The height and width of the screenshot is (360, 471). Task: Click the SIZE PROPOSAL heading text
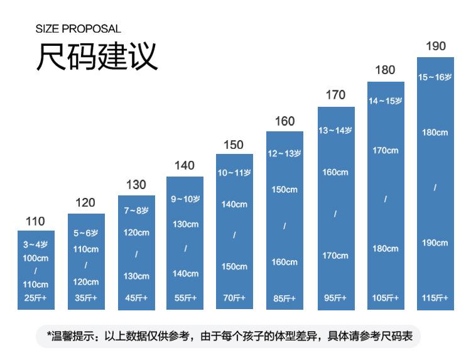(78, 29)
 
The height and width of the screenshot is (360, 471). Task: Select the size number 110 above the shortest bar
(36, 221)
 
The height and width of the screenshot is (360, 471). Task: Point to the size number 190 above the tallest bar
(435, 46)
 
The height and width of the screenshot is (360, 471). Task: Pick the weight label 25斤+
(36, 298)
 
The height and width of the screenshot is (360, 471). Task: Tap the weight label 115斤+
(435, 298)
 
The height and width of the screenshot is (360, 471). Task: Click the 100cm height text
(36, 258)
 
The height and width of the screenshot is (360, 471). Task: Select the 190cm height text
(435, 243)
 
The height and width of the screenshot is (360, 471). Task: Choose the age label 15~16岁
(435, 77)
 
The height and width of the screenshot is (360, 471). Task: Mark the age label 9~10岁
(185, 199)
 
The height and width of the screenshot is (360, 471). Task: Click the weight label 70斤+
(234, 298)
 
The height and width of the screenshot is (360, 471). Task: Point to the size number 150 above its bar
(233, 145)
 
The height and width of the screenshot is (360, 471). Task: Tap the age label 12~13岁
(284, 153)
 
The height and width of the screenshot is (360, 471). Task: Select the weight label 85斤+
(284, 298)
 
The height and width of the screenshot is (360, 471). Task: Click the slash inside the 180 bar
(386, 199)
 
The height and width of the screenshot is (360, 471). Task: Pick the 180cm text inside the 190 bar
(435, 133)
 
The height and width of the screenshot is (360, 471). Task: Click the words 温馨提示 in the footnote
(74, 336)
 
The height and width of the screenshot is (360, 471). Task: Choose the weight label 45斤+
(136, 298)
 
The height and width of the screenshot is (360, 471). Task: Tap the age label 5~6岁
(86, 233)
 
